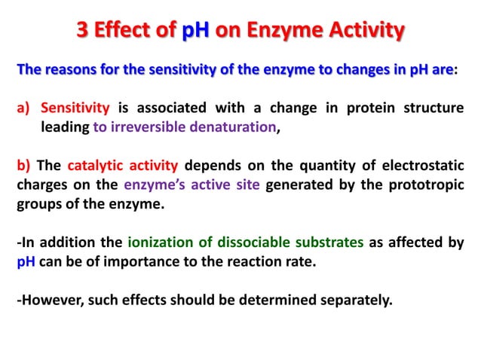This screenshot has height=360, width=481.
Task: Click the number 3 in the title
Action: (x=84, y=32)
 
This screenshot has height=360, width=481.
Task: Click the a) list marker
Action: (x=25, y=108)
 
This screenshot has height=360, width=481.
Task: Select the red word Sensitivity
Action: (x=75, y=108)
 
